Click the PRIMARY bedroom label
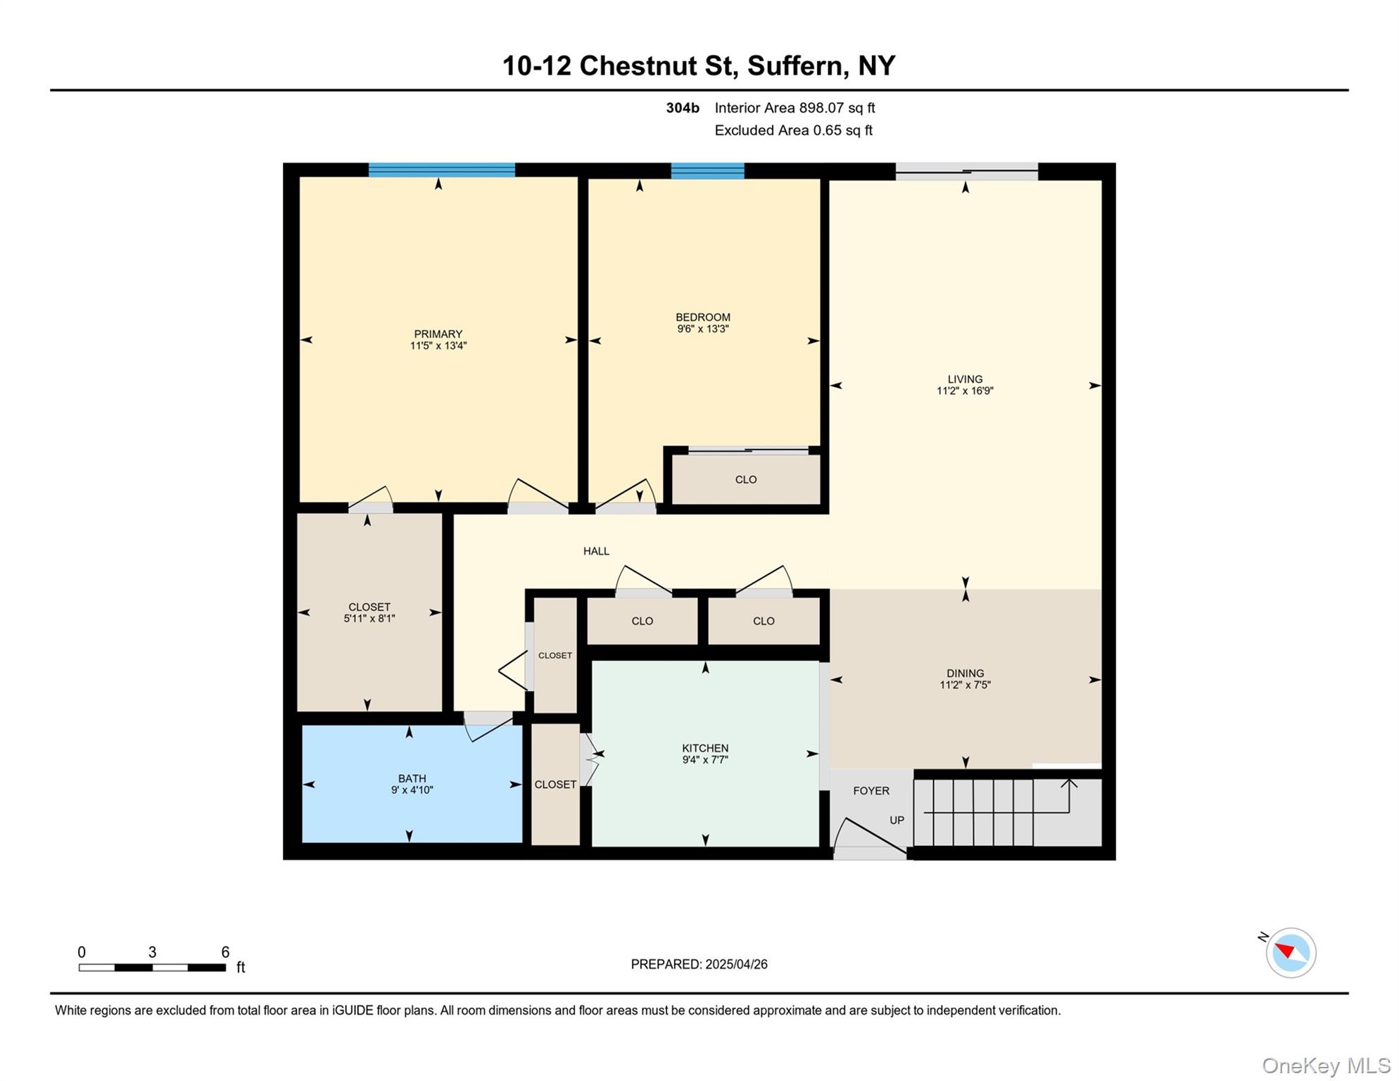tap(438, 334)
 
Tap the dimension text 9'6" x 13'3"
tap(702, 329)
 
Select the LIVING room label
tap(965, 379)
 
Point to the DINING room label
tap(965, 673)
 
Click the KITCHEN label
tap(704, 748)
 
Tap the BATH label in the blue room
tap(412, 778)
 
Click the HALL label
tap(596, 551)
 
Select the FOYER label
tap(871, 790)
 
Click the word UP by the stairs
tap(897, 820)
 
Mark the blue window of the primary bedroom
tap(441, 170)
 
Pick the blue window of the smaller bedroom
tap(707, 171)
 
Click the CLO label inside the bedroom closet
tap(745, 479)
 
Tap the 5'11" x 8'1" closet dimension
tap(369, 619)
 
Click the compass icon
tap(1290, 952)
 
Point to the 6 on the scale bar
tap(225, 952)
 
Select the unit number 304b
tap(682, 108)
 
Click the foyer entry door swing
tap(870, 837)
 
